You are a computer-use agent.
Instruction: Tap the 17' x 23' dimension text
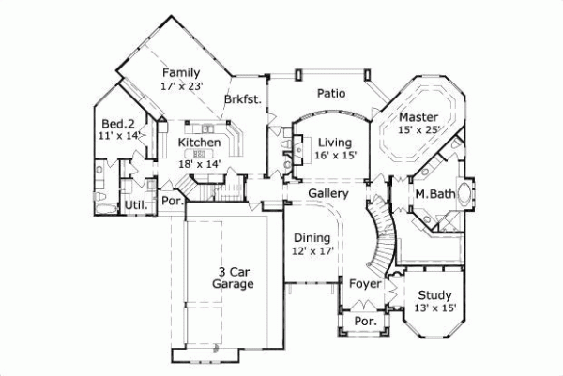pyautogui.click(x=182, y=85)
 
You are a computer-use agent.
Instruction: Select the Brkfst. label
pyautogui.click(x=242, y=98)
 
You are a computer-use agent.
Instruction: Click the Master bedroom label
pyautogui.click(x=418, y=116)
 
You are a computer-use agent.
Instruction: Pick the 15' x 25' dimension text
pyautogui.click(x=418, y=129)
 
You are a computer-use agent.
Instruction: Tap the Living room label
pyautogui.click(x=335, y=142)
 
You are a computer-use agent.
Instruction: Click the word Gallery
pyautogui.click(x=328, y=193)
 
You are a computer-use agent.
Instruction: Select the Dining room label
pyautogui.click(x=311, y=238)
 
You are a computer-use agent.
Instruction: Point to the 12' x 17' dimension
pyautogui.click(x=311, y=251)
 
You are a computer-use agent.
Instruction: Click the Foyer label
pyautogui.click(x=364, y=283)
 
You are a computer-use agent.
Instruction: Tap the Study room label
pyautogui.click(x=434, y=294)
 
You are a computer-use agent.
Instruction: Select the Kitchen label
pyautogui.click(x=200, y=143)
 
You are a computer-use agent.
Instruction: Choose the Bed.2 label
pyautogui.click(x=119, y=122)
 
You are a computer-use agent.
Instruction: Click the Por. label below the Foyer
pyautogui.click(x=363, y=321)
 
